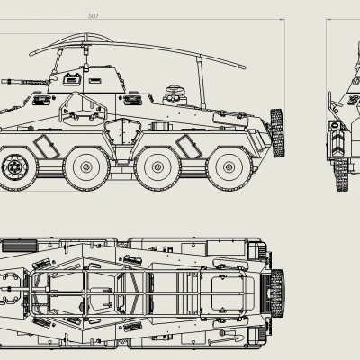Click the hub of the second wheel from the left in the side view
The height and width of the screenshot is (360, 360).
pos(86,166)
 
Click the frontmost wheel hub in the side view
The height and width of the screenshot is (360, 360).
pos(15,166)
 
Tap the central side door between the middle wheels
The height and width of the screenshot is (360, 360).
pos(116,136)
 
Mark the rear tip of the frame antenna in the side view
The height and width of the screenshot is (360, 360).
pos(245,67)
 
